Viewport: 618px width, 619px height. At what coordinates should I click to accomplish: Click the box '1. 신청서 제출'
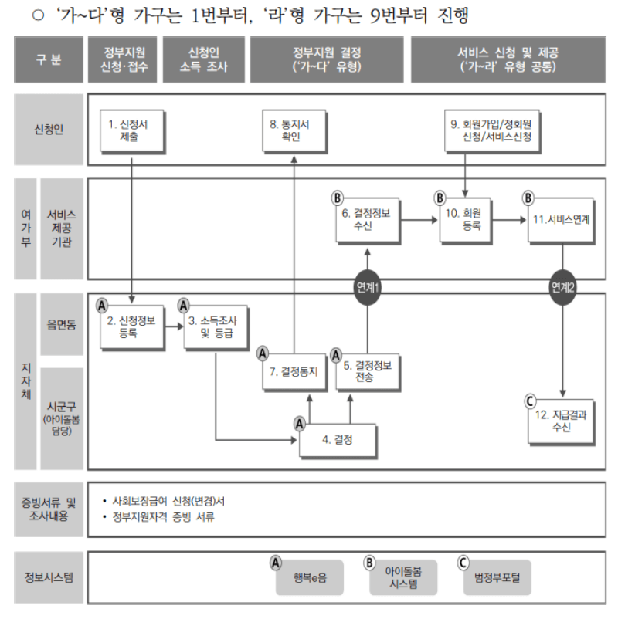pos(130,130)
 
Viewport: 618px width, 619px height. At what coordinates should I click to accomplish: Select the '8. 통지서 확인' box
pos(294,130)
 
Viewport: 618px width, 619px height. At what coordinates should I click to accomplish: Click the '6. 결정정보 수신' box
pos(367,219)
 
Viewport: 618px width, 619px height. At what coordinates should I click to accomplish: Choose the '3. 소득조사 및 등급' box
pos(211,327)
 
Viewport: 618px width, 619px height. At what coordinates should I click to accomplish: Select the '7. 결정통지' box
pos(294,370)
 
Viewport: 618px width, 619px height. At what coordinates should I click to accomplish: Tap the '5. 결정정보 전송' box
pos(368,370)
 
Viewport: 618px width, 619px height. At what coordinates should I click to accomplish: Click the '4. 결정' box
pos(338,440)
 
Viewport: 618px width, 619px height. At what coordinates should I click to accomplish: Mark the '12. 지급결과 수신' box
pos(562,421)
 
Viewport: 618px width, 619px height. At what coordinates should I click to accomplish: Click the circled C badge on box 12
pos(529,400)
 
